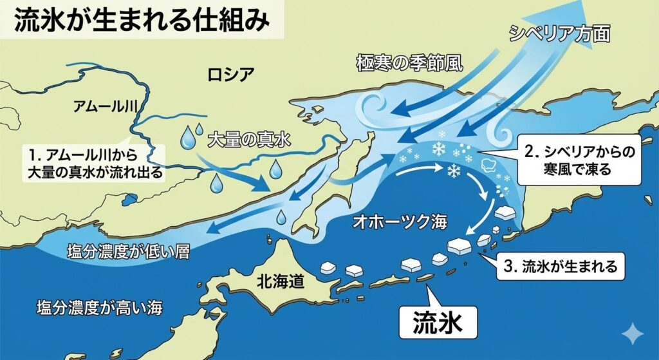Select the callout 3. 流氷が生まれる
[x=561, y=265]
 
